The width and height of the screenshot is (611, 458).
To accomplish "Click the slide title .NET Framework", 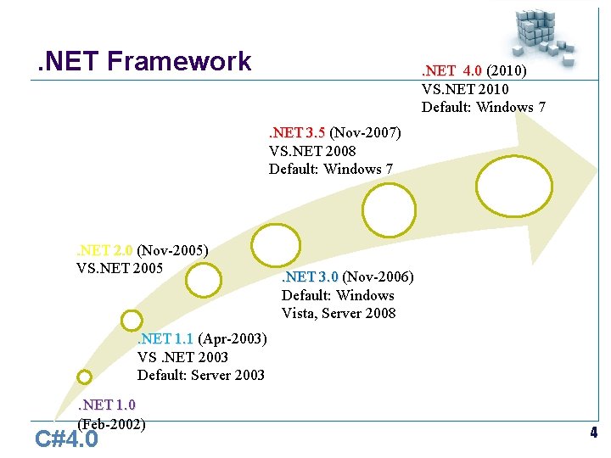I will pos(140,61).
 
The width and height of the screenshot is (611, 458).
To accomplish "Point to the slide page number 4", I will pos(594,433).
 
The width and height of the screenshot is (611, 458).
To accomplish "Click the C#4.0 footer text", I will pos(66,439).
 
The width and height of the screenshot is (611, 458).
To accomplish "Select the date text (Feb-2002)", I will pos(111,423).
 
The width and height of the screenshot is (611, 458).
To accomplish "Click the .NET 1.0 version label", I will pos(106,405).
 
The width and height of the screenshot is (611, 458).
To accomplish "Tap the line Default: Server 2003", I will pos(201,375).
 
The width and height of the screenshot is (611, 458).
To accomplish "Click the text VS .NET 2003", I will pos(182,357).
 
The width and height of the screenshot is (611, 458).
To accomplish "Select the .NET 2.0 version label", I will pos(104,250).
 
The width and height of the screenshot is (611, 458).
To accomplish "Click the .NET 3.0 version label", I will pos(310,277).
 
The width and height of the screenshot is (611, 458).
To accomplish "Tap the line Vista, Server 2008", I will pos(339,313).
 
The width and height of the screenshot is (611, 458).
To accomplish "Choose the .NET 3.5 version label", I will pos(297,132).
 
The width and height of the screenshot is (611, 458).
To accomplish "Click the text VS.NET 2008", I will pos(312,151).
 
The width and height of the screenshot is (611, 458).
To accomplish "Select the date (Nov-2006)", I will pos(378,277).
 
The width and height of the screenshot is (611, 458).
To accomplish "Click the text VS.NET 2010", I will pos(465,88).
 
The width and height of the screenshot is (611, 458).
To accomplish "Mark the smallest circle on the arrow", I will pos(84,377).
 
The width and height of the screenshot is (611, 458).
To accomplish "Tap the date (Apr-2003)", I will pos(232,339).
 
